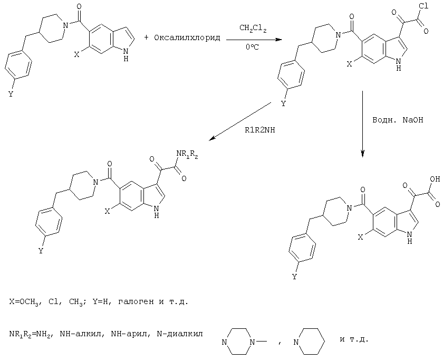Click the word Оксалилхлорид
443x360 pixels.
click(x=187, y=38)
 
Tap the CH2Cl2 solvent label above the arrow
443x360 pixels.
click(x=253, y=29)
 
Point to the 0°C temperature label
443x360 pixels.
click(x=252, y=47)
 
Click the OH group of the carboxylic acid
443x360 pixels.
click(x=435, y=179)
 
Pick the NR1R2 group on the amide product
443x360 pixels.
click(x=187, y=154)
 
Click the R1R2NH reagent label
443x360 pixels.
click(x=259, y=130)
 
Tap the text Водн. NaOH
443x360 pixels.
click(x=398, y=120)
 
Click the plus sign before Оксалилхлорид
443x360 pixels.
click(x=146, y=37)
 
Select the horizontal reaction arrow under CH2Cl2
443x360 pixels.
click(x=254, y=40)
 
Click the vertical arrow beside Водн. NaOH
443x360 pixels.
click(x=362, y=124)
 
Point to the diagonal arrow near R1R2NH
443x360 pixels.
click(x=240, y=121)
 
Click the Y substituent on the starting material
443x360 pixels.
click(x=11, y=94)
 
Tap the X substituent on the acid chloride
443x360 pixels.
click(x=350, y=64)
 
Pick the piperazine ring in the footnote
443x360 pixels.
click(x=240, y=342)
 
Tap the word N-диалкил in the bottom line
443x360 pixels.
click(x=180, y=334)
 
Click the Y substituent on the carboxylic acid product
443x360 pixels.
click(x=295, y=277)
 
